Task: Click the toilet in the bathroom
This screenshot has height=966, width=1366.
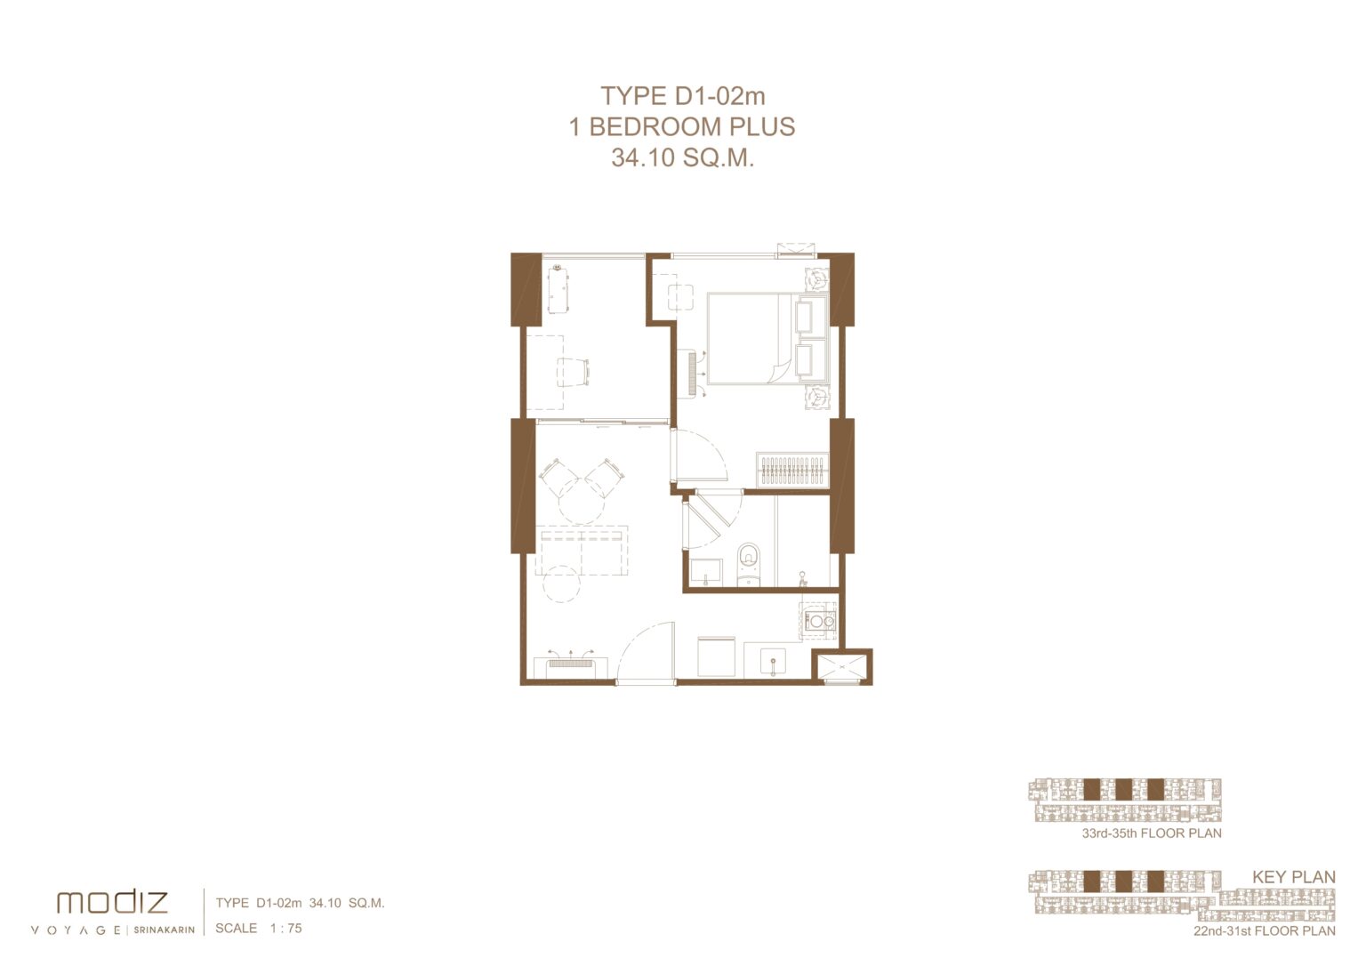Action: click(749, 565)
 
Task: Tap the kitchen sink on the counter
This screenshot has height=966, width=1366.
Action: click(773, 662)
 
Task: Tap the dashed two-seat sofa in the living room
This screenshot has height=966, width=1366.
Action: click(582, 551)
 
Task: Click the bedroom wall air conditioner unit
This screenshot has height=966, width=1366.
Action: click(691, 374)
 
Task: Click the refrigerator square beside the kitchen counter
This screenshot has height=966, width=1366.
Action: click(716, 656)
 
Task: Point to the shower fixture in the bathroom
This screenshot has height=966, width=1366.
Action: click(803, 579)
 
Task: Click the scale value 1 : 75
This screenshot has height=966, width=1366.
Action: click(286, 928)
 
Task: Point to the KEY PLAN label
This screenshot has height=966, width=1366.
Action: click(1293, 877)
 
